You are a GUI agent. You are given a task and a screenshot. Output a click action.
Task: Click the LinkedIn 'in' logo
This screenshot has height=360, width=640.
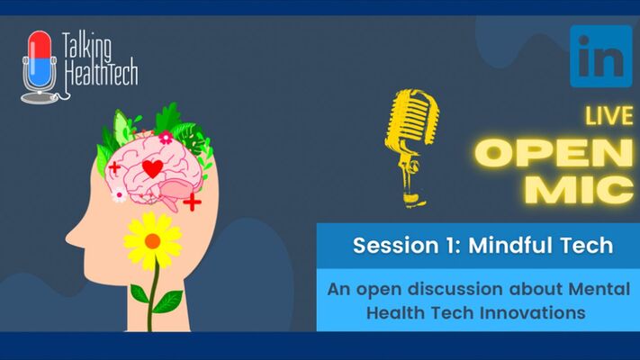pyautogui.click(x=600, y=55)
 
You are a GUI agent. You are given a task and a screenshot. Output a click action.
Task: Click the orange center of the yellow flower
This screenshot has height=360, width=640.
pyautogui.click(x=153, y=240)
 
